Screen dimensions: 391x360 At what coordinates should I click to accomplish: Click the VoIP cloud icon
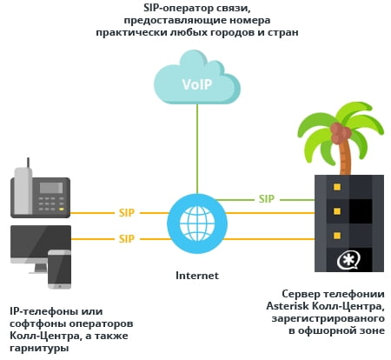click(197, 77)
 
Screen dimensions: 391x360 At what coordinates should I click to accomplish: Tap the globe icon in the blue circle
click(197, 223)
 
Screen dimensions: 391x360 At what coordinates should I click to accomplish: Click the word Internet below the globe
click(197, 276)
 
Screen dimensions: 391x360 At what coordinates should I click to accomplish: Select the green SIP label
click(267, 199)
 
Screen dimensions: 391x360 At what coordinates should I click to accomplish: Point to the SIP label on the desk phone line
click(127, 213)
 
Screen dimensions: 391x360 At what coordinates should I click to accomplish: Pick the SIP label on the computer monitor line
click(127, 239)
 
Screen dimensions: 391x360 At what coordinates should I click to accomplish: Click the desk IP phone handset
click(23, 190)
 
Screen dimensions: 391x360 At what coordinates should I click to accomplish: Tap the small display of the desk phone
click(51, 188)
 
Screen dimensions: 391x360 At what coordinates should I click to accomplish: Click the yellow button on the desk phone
click(62, 209)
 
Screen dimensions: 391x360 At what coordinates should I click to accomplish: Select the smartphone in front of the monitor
click(59, 270)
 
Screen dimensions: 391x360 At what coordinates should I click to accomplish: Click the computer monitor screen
click(41, 242)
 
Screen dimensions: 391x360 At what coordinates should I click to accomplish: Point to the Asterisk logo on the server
click(348, 261)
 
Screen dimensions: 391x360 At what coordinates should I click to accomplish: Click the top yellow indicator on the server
click(337, 187)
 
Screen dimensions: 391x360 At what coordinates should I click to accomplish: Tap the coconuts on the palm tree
click(341, 133)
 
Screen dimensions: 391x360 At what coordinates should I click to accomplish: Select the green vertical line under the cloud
click(197, 149)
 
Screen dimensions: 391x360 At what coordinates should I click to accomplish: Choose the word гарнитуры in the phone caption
click(39, 348)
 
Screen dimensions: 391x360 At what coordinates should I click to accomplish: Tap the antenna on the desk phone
click(28, 163)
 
